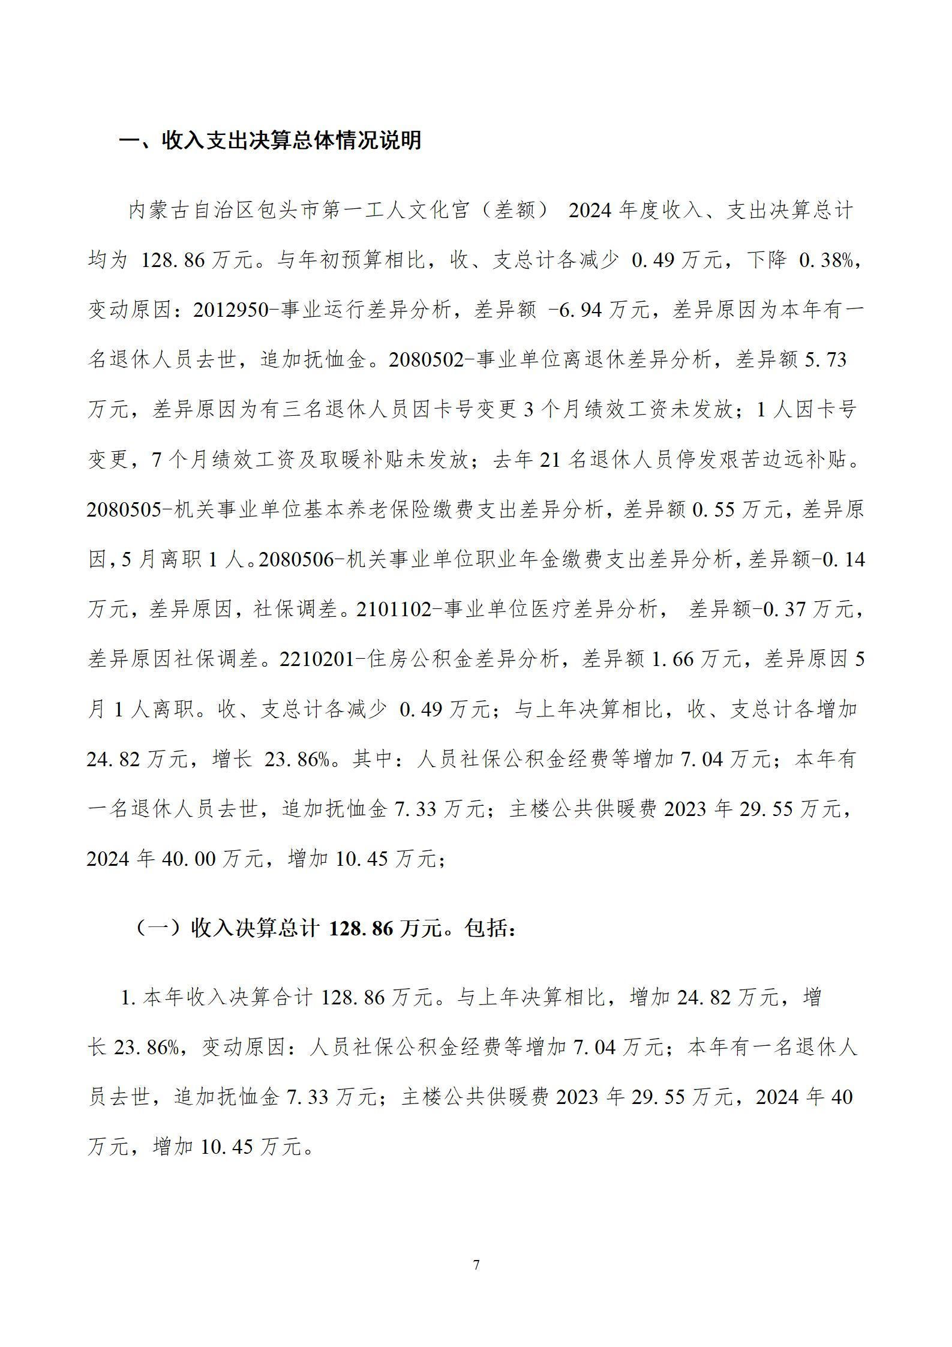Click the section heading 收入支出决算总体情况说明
271,140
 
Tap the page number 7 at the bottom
476,1265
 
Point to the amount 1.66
672,659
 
